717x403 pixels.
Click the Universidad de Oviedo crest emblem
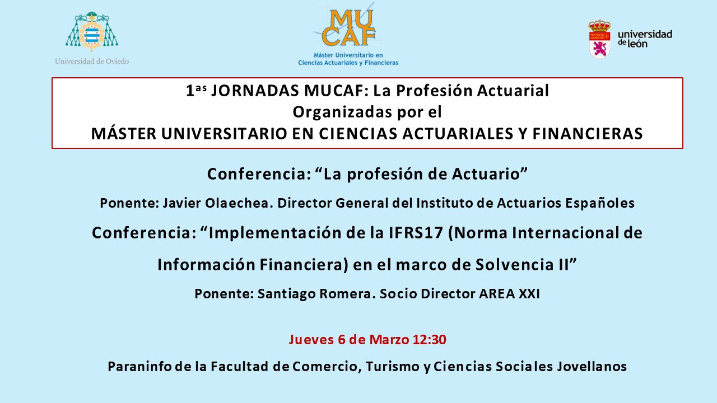tap(92, 31)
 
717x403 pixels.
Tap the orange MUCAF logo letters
tap(348, 28)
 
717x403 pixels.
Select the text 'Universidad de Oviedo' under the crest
tap(92, 61)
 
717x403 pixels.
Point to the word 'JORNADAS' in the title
tap(255, 91)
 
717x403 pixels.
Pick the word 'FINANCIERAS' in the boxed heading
tap(588, 134)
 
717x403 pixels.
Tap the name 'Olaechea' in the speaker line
tap(239, 203)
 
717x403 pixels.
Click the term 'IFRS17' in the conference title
tap(416, 232)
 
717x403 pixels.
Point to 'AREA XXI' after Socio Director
tap(509, 294)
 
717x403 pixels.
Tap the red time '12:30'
tap(429, 339)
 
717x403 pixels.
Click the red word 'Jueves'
tap(311, 340)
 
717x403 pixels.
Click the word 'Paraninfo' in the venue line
tap(139, 367)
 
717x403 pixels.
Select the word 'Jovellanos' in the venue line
tap(592, 367)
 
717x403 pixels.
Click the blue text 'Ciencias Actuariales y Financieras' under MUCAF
tap(348, 63)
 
